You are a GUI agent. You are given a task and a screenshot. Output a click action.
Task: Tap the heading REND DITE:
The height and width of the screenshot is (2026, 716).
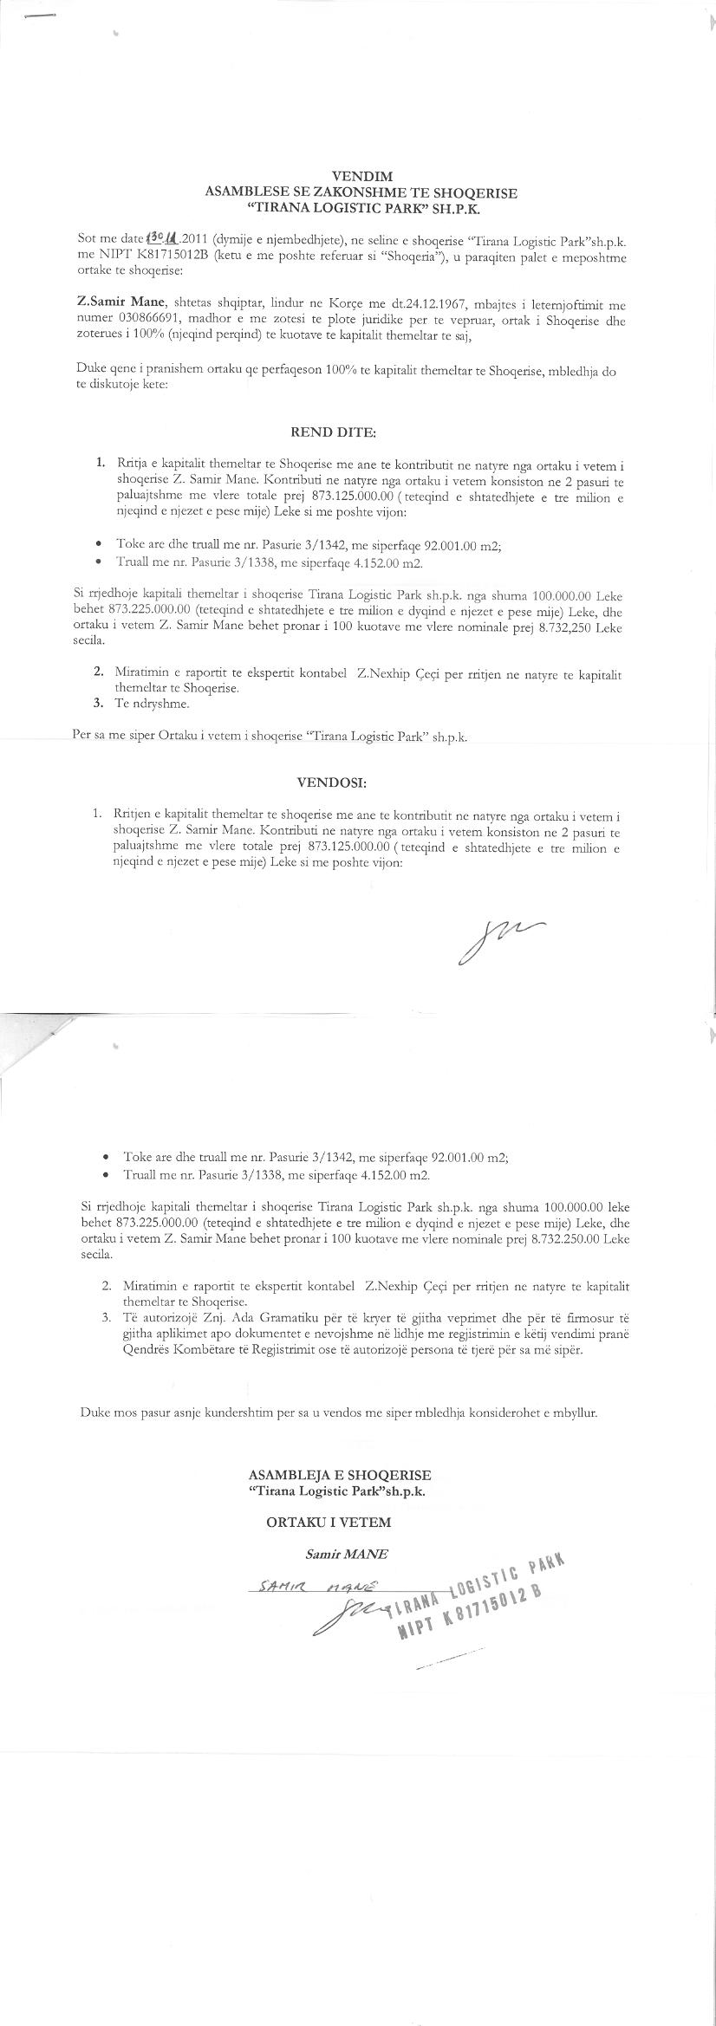(x=333, y=432)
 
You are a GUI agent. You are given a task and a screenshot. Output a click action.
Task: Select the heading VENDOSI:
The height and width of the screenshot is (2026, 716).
(x=332, y=782)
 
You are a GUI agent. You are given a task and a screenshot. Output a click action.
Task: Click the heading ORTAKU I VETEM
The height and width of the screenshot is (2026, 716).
(x=329, y=1521)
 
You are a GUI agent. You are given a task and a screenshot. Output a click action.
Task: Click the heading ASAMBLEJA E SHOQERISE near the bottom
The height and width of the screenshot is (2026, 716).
(x=339, y=1474)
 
